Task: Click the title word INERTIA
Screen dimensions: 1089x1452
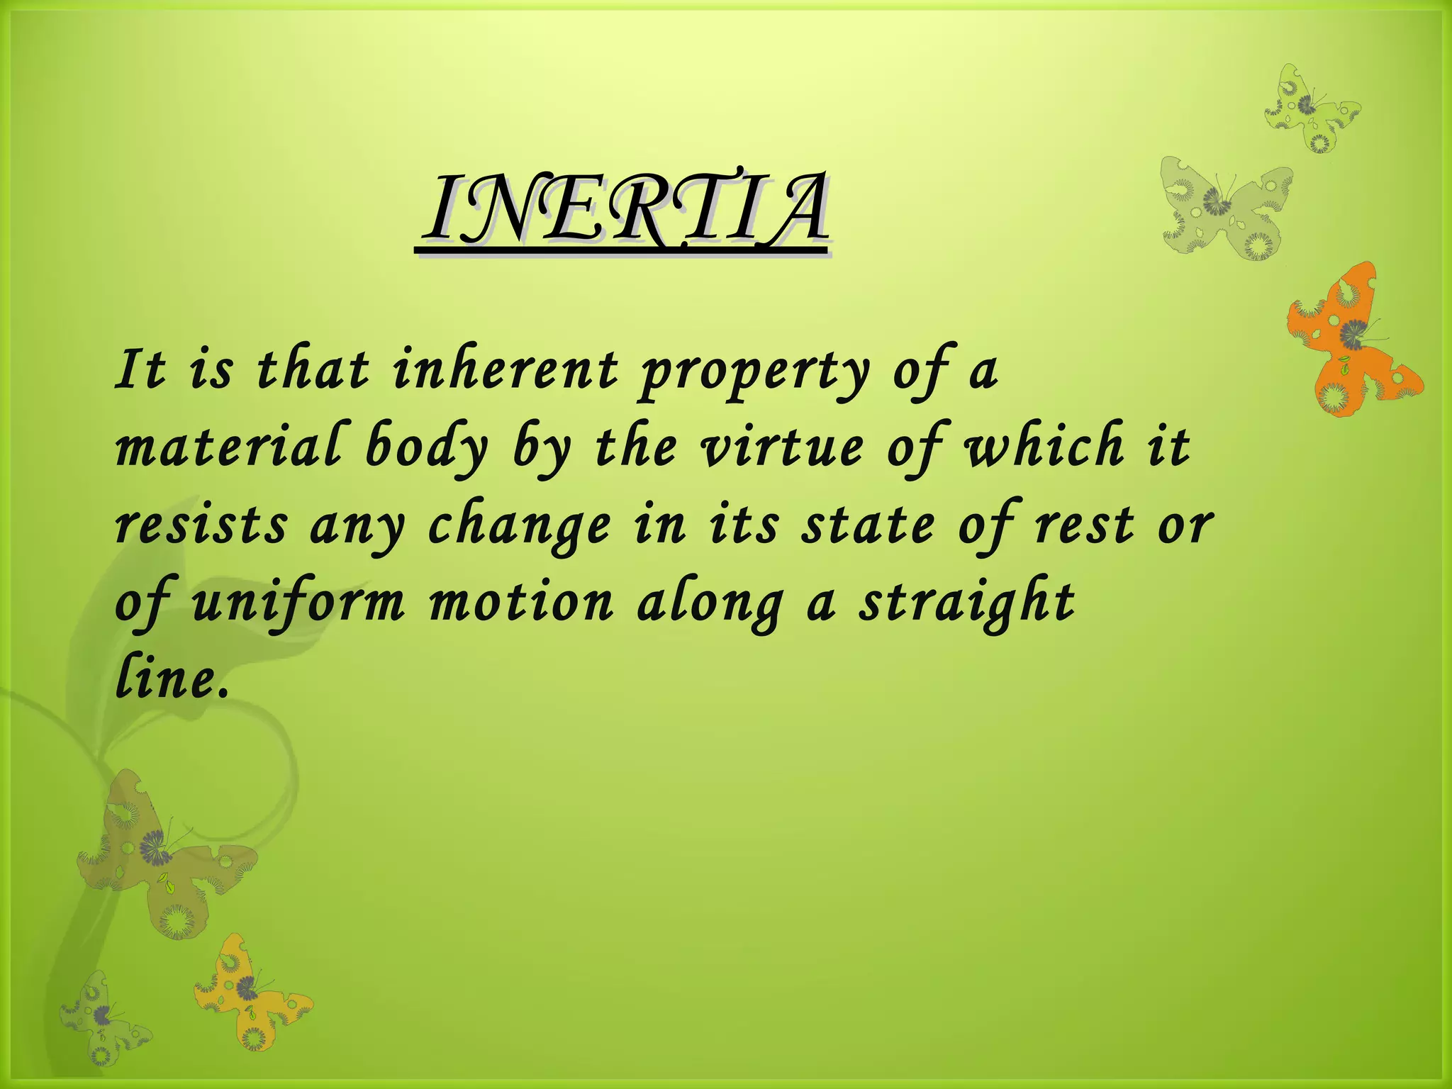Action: (x=624, y=210)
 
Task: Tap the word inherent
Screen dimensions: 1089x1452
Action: (x=506, y=370)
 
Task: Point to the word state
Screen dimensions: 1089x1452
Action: (x=868, y=525)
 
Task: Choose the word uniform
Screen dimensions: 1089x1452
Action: (x=298, y=603)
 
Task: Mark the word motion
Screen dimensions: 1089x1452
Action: (x=521, y=603)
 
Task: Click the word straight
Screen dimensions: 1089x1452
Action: (x=967, y=603)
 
